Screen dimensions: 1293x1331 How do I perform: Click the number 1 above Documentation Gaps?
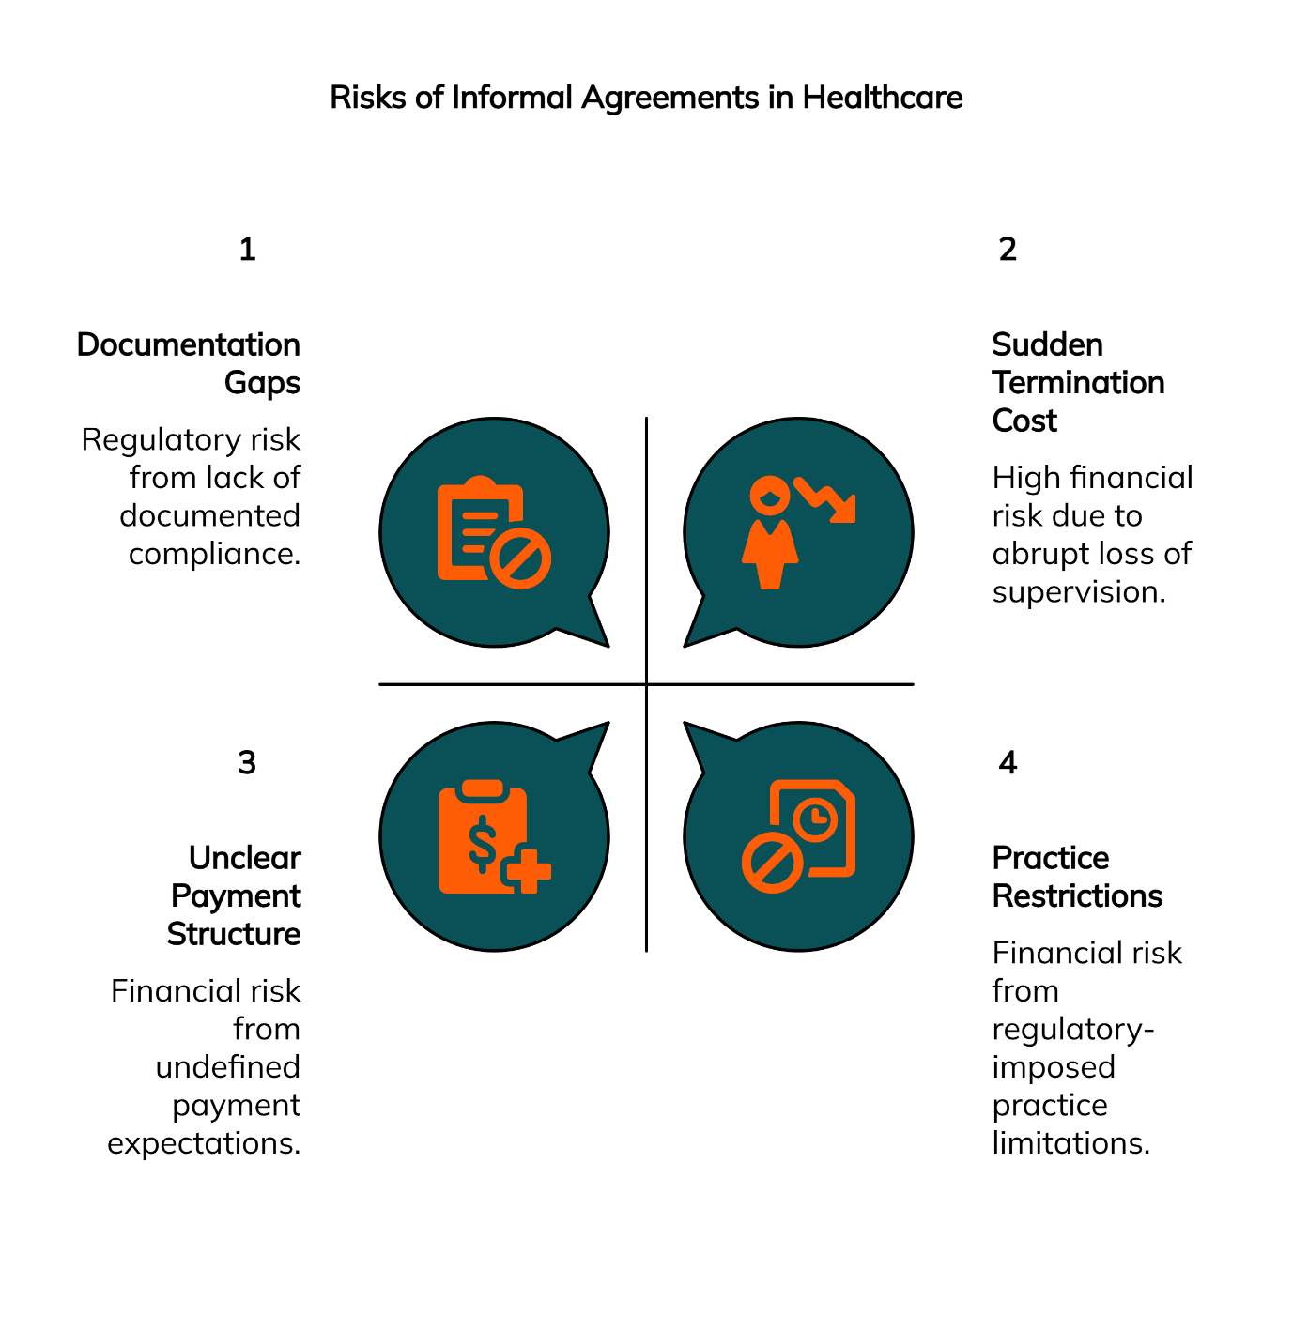point(247,250)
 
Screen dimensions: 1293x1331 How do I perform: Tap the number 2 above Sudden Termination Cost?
point(1008,250)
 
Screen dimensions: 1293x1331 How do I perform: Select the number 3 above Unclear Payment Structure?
point(247,763)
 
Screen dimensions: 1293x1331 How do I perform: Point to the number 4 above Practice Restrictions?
point(1008,763)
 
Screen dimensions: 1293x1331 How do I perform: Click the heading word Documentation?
point(189,344)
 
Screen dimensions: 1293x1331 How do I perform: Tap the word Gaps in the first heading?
point(262,383)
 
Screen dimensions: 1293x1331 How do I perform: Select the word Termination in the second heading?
point(1078,383)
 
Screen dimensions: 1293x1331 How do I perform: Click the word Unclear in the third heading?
point(244,858)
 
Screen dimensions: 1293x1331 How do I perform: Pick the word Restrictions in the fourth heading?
point(1077,896)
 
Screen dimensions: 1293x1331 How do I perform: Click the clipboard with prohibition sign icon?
point(492,532)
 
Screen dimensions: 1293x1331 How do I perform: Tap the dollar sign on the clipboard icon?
point(483,842)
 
